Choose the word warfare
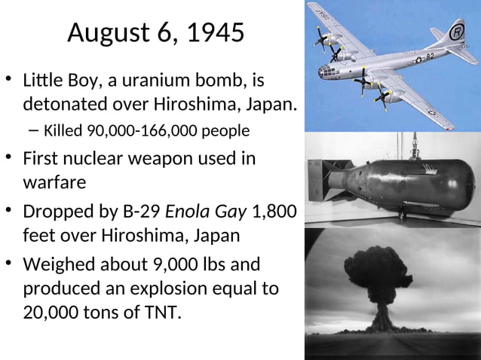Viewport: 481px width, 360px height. (54, 182)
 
